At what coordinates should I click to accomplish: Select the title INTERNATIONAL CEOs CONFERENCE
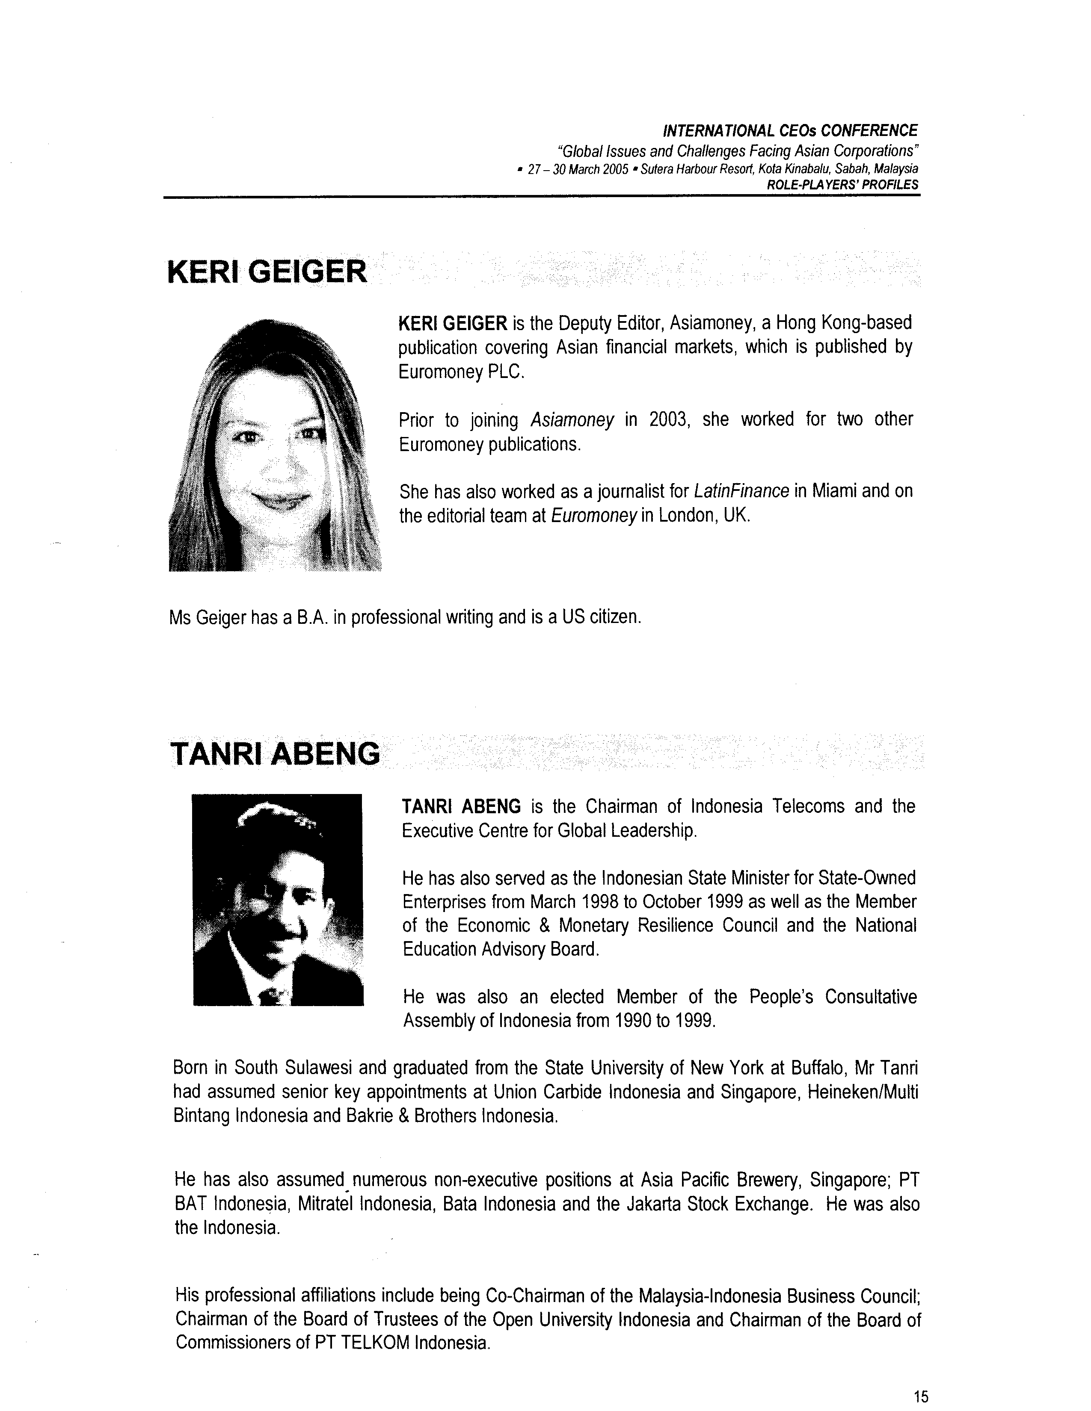[790, 130]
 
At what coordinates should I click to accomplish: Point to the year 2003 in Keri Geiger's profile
[666, 420]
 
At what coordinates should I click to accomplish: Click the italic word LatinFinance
[741, 492]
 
